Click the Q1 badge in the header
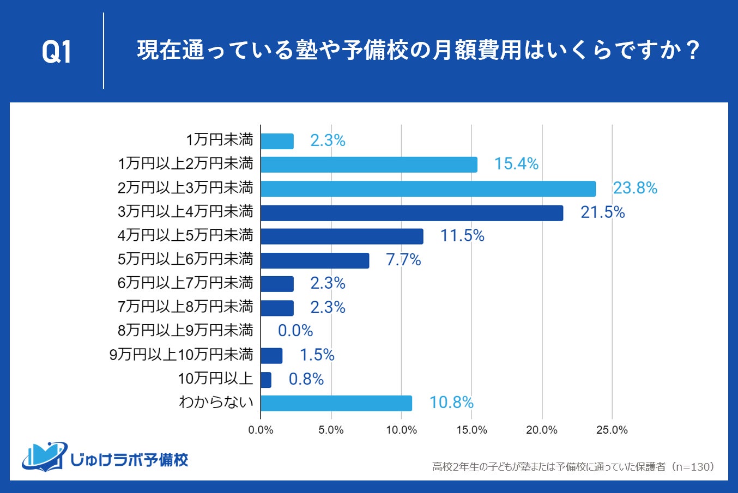click(57, 52)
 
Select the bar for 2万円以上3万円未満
click(428, 188)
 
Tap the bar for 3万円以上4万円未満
click(412, 212)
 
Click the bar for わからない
click(336, 403)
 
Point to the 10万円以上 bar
click(266, 380)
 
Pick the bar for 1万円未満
click(277, 141)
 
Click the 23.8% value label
click(635, 188)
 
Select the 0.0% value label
click(295, 331)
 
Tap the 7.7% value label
click(403, 260)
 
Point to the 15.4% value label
click(516, 164)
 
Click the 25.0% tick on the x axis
click(612, 430)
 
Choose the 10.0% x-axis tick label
click(401, 430)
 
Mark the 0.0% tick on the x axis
click(261, 430)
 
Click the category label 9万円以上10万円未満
click(182, 355)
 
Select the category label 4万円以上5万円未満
click(185, 235)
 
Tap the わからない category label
click(216, 403)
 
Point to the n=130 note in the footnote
click(693, 467)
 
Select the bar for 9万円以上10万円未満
click(271, 356)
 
